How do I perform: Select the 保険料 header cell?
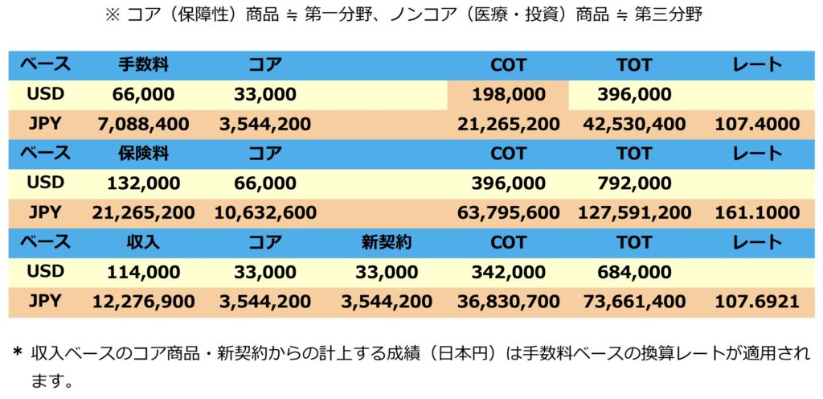coord(143,153)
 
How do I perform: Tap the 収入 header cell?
coord(143,241)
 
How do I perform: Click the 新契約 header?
coord(387,241)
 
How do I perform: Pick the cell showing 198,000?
coord(509,95)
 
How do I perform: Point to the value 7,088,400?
coord(143,124)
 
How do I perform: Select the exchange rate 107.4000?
coord(757,124)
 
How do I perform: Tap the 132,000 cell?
coord(143,183)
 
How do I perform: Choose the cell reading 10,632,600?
coord(265,213)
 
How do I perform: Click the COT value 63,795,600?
coord(509,213)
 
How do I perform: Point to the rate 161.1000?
coord(757,213)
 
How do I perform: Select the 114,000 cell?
coord(143,272)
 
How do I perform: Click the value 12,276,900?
coord(143,302)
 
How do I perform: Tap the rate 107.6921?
coord(757,302)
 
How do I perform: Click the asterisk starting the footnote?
coord(17,353)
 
